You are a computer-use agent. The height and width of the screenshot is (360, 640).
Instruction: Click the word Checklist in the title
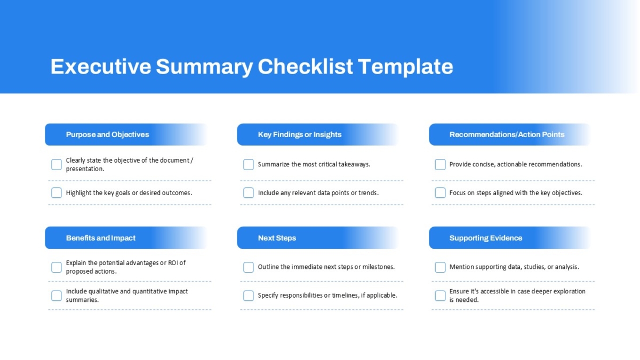coord(305,67)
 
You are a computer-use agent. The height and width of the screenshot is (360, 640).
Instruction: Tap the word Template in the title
coord(405,67)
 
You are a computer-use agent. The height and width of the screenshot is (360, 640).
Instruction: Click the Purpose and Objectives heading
coord(107,134)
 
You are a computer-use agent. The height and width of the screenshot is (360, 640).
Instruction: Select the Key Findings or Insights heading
coord(300,134)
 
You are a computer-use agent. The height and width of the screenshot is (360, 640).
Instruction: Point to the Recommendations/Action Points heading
coord(507,134)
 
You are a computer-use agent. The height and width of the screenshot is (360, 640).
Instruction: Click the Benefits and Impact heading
coord(101,238)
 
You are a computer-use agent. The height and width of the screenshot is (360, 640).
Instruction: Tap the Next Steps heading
coord(277,238)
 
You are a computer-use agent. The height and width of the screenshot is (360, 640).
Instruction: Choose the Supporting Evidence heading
coord(486,238)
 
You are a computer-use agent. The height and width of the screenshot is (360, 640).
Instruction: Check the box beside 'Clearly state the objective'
coord(57,165)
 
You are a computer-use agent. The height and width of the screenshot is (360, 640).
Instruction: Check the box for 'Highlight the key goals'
coord(57,193)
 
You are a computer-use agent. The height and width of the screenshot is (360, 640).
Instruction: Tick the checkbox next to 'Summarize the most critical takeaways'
coord(249,165)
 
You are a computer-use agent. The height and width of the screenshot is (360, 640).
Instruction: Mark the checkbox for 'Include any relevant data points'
coord(249,193)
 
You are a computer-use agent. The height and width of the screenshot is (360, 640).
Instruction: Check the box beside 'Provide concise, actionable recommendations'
coord(440,165)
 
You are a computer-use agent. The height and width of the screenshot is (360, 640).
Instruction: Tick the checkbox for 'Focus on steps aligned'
coord(440,193)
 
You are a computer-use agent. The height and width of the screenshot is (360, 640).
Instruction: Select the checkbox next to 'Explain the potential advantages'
coord(57,267)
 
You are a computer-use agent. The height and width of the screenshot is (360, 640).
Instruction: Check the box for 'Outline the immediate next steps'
coord(249,267)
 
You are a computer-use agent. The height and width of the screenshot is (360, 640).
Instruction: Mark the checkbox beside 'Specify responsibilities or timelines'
coord(249,295)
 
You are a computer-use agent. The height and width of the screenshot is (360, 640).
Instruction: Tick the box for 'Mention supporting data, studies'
coord(440,267)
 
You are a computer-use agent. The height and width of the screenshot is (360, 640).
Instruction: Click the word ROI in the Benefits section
coord(173,263)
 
